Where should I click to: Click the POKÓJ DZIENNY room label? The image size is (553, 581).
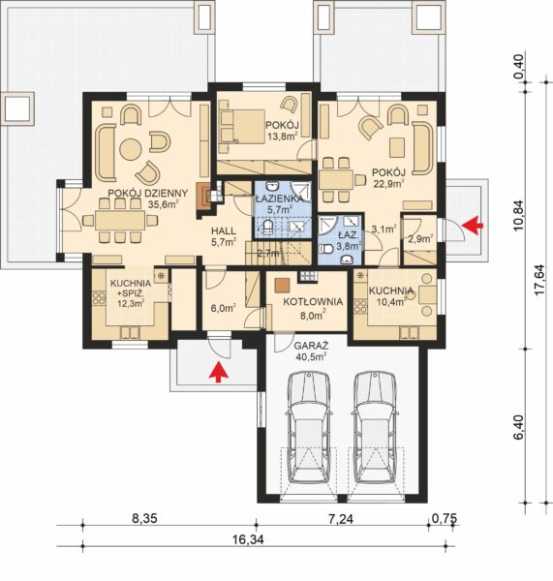pyautogui.click(x=148, y=193)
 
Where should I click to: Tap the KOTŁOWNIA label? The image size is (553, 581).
pyautogui.click(x=313, y=301)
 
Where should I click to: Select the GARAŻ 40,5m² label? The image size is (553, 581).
pyautogui.click(x=311, y=352)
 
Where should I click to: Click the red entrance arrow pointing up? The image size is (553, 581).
pyautogui.click(x=219, y=372)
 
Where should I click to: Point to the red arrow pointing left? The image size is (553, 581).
pyautogui.click(x=473, y=225)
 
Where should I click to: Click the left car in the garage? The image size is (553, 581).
pyautogui.click(x=309, y=428)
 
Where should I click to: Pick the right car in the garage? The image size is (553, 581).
pyautogui.click(x=375, y=428)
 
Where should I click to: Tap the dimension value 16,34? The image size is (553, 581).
pyautogui.click(x=249, y=539)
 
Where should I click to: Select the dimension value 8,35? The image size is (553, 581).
pyautogui.click(x=144, y=518)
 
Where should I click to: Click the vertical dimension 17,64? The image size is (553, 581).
pyautogui.click(x=539, y=280)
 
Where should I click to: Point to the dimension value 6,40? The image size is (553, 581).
pyautogui.click(x=519, y=427)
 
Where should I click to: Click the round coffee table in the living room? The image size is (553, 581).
pyautogui.click(x=131, y=149)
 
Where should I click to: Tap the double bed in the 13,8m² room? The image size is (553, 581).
pyautogui.click(x=242, y=126)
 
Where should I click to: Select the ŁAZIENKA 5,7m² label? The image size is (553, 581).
pyautogui.click(x=280, y=203)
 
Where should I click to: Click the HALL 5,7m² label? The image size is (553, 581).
pyautogui.click(x=224, y=236)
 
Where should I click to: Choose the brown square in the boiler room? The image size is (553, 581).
pyautogui.click(x=282, y=285)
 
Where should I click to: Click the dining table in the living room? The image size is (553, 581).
pyautogui.click(x=120, y=221)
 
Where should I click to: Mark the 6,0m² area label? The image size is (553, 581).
pyautogui.click(x=224, y=308)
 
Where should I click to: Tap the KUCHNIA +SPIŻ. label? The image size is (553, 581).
pyautogui.click(x=131, y=289)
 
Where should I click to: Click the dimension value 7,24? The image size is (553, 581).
pyautogui.click(x=341, y=518)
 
